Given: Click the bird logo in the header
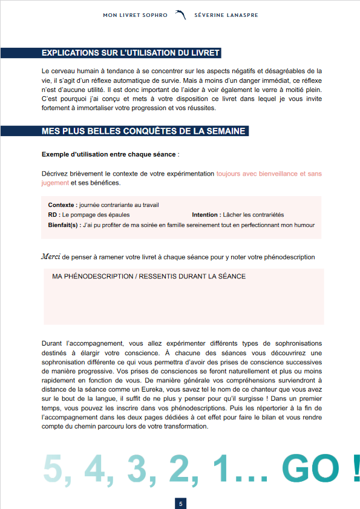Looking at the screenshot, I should pos(180,15).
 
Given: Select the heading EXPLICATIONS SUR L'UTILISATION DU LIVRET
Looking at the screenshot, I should pos(131,53).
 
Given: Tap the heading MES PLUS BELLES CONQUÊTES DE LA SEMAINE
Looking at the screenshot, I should pos(143,131).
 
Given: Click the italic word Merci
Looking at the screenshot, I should pos(51,257).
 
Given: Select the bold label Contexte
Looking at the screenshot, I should pos(62,205).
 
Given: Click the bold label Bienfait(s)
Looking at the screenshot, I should pos(64,225).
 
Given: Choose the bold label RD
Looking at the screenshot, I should pos(53,215).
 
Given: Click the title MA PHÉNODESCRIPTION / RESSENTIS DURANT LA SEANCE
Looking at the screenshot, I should pos(149,277).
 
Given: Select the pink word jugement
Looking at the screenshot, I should pos(55,183).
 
